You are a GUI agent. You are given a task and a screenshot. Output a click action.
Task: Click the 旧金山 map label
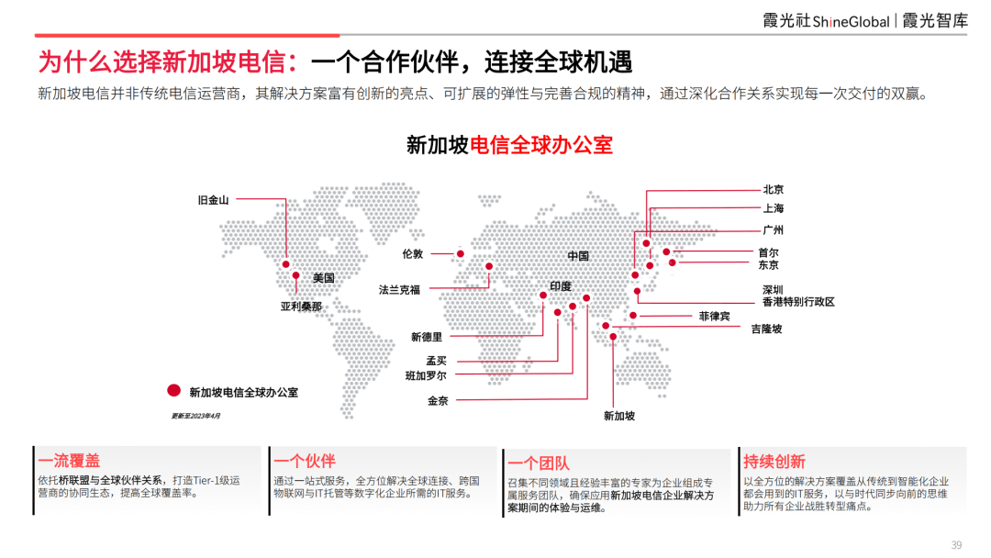[x=213, y=200]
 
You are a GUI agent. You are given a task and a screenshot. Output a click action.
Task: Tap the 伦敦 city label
[x=413, y=254]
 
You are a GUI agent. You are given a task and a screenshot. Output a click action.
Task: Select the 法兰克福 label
[x=399, y=290]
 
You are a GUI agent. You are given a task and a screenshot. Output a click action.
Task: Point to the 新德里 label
[x=427, y=338]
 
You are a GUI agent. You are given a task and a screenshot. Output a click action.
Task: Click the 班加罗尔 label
[x=426, y=376]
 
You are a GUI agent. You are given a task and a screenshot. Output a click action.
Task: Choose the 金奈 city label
[x=438, y=401]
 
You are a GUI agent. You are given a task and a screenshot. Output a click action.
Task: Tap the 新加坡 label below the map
[x=619, y=416]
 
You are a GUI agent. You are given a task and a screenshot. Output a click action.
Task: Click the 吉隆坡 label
[x=766, y=329]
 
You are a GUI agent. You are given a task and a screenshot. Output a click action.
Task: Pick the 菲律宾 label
[x=714, y=316]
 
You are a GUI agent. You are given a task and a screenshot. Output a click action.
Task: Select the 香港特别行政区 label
[x=798, y=302]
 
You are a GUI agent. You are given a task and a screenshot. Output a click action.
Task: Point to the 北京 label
[x=773, y=190]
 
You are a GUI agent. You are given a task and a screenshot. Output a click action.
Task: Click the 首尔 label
[x=769, y=252]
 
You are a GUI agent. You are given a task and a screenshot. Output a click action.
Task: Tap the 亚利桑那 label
[x=302, y=307]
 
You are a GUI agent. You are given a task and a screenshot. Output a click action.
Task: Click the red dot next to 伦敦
[x=460, y=254]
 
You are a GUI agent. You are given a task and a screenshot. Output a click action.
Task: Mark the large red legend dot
[x=173, y=391]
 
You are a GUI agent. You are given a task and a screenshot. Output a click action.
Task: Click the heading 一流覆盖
[x=69, y=461]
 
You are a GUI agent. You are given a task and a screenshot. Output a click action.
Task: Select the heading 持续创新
[x=774, y=462]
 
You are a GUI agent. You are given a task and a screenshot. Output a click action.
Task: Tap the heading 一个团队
[x=539, y=463]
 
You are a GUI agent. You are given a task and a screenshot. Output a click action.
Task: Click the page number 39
[x=956, y=545]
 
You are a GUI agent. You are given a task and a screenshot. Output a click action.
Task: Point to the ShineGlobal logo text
[x=851, y=22]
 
